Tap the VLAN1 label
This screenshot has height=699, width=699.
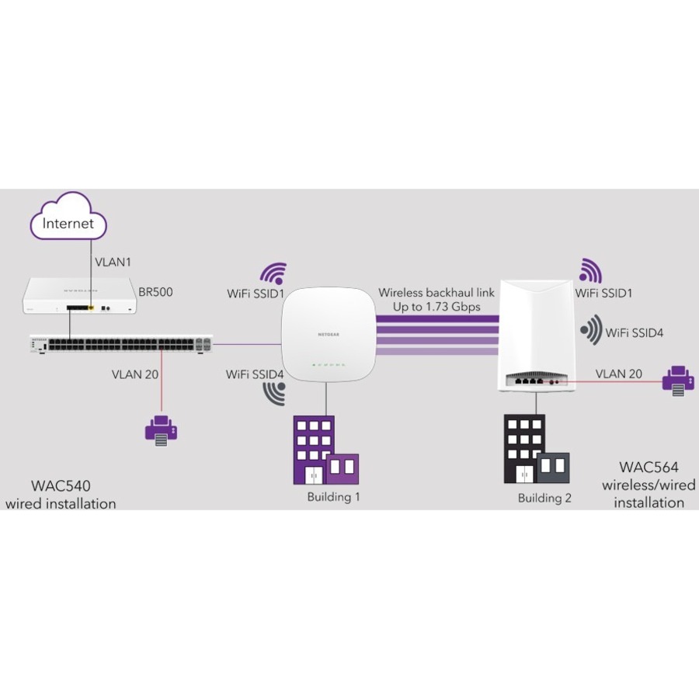click(x=113, y=263)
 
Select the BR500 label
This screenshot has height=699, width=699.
click(x=155, y=293)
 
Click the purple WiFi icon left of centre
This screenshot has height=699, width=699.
click(x=273, y=273)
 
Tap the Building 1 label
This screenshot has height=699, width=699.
click(x=333, y=497)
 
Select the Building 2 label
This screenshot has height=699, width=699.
click(x=544, y=498)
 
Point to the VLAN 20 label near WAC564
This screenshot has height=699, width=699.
click(x=619, y=374)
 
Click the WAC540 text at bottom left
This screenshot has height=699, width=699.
click(x=61, y=487)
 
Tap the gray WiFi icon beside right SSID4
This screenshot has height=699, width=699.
click(x=590, y=331)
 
